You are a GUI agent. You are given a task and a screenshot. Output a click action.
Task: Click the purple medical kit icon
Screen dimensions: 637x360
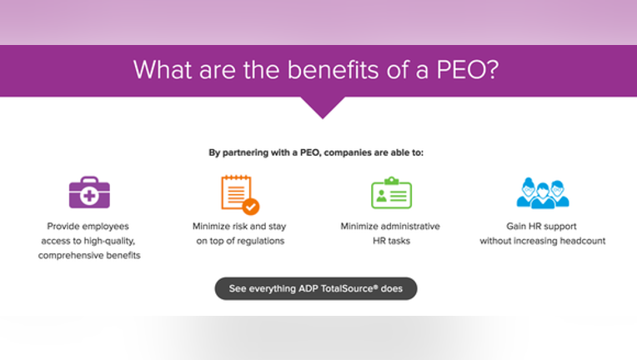89,192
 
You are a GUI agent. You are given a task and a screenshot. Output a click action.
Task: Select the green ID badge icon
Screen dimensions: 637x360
391,192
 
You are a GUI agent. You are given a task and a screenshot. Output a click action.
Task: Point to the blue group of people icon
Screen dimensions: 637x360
543,193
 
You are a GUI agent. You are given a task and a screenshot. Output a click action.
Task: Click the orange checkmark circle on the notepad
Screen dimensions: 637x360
251,207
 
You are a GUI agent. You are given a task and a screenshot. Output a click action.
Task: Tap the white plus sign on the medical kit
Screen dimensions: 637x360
89,196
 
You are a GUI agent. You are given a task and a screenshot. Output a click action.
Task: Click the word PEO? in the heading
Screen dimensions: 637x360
468,70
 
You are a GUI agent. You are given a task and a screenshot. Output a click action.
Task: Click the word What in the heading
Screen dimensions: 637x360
163,70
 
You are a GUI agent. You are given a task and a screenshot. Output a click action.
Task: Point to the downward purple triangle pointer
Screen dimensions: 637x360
323,107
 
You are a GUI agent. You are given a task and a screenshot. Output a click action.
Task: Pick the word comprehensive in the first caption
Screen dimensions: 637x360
71,256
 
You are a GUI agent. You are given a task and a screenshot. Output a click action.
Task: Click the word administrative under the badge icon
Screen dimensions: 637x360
410,226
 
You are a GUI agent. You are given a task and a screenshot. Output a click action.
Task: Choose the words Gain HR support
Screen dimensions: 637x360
541,227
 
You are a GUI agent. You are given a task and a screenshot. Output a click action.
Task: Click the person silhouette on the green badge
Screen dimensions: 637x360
381,197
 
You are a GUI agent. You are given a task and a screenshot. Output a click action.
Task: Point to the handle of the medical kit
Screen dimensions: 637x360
89,179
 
